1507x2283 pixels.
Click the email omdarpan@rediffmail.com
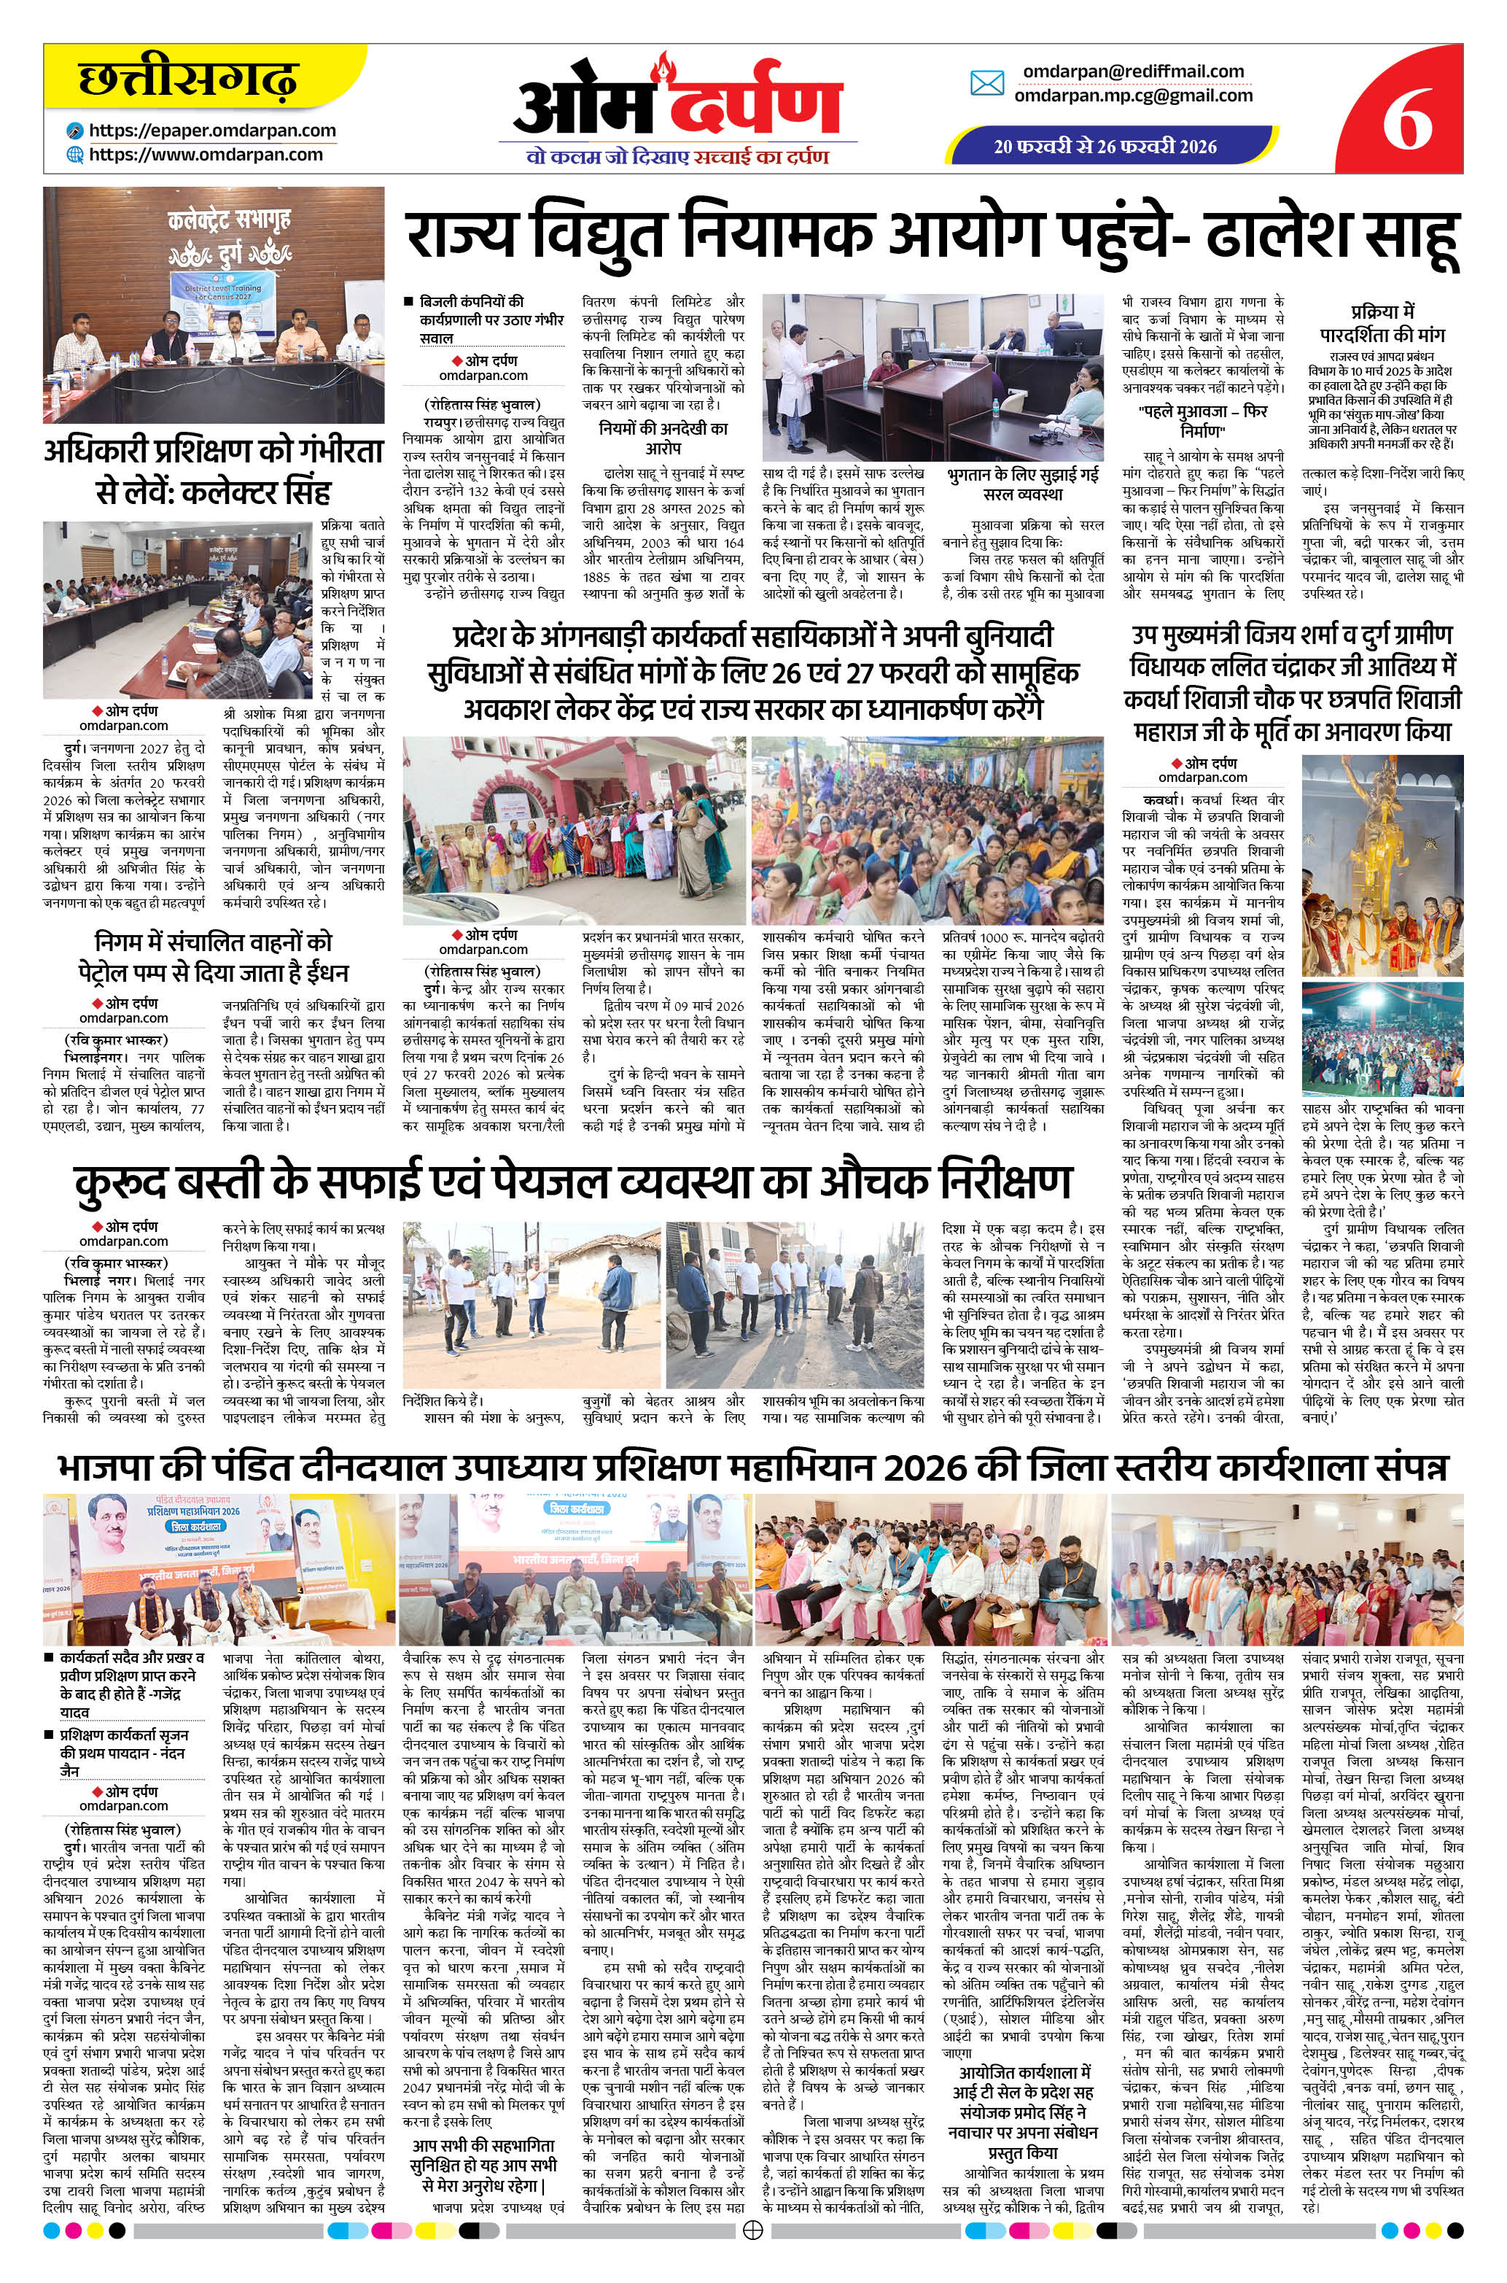click(1133, 71)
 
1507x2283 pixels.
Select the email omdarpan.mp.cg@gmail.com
click(1133, 95)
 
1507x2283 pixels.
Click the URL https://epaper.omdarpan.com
click(212, 131)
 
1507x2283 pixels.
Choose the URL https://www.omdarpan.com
click(206, 154)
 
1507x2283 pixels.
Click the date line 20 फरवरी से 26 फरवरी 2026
click(1105, 146)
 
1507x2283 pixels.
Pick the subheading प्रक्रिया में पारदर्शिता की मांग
click(1382, 324)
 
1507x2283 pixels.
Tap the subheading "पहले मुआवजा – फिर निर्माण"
click(1202, 421)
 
